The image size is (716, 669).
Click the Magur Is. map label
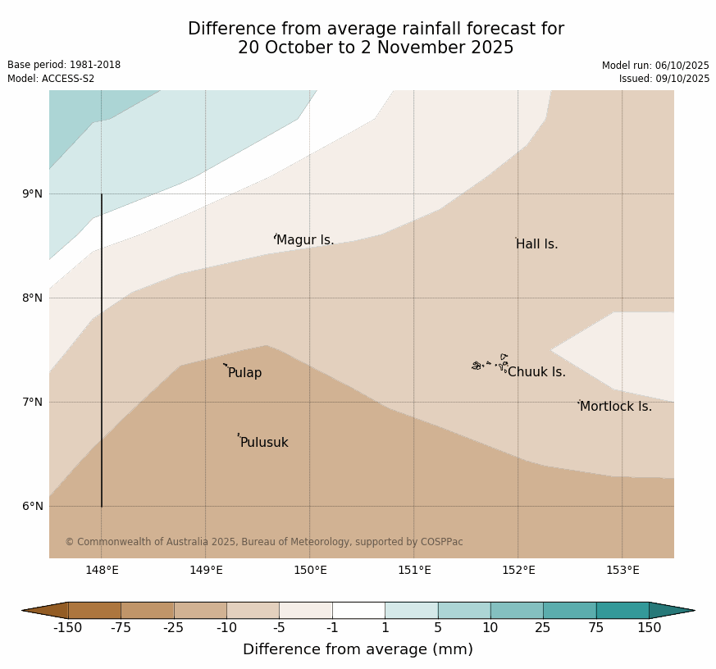(x=305, y=240)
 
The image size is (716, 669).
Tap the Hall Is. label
(x=537, y=244)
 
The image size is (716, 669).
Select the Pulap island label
(x=244, y=373)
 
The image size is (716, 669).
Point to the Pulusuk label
(x=264, y=443)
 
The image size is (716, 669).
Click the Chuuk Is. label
(x=536, y=372)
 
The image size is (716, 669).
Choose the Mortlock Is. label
(x=615, y=407)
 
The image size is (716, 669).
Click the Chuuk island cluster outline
(x=490, y=363)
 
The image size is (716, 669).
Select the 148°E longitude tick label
(x=102, y=571)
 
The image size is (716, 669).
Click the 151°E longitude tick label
(x=414, y=571)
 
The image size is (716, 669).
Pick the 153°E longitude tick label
(x=623, y=571)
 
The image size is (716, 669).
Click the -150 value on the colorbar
(x=68, y=628)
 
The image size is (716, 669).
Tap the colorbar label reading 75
(x=596, y=628)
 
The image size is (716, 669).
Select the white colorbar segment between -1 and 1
(x=358, y=610)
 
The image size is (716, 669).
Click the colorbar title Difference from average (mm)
(x=358, y=649)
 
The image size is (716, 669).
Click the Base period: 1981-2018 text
(x=64, y=65)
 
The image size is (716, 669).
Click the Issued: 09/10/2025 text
(x=664, y=79)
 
